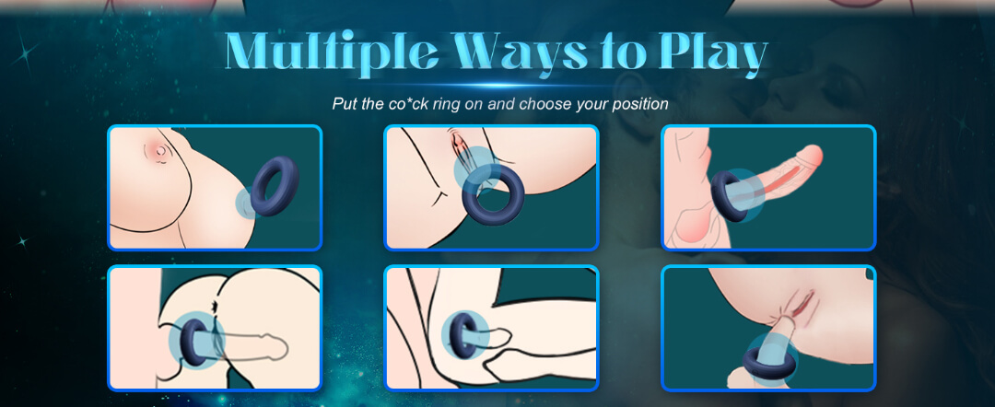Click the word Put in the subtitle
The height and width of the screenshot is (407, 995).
point(344,104)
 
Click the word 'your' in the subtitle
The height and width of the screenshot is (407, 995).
point(588,106)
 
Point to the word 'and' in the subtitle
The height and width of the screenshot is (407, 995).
point(501,104)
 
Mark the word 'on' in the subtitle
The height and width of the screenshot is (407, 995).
point(474,105)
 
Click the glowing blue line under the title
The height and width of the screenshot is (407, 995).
point(497,85)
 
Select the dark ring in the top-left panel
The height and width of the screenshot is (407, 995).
point(275,186)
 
